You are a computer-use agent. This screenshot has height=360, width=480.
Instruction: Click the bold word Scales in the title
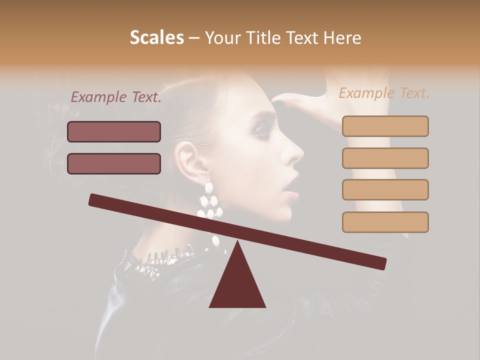pyautogui.click(x=156, y=38)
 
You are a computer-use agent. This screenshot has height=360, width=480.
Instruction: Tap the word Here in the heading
pyautogui.click(x=344, y=38)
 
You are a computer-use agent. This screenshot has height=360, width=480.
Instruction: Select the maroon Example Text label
pyautogui.click(x=116, y=97)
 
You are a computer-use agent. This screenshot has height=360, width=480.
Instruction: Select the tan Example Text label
pyautogui.click(x=384, y=93)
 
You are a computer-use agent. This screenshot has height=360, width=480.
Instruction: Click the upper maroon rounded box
pyautogui.click(x=114, y=131)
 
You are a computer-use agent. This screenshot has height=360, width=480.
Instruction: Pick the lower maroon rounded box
pyautogui.click(x=114, y=163)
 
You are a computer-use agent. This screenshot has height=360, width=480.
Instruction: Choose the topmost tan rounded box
pyautogui.click(x=385, y=126)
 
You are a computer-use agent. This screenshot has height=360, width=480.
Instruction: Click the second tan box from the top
pyautogui.click(x=385, y=158)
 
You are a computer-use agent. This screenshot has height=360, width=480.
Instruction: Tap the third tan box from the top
pyautogui.click(x=385, y=189)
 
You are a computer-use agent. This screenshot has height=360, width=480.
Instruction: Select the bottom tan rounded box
pyautogui.click(x=385, y=222)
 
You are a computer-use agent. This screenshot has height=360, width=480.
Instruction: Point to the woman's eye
pyautogui.click(x=260, y=131)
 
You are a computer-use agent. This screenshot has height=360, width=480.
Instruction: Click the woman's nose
pyautogui.click(x=295, y=152)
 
